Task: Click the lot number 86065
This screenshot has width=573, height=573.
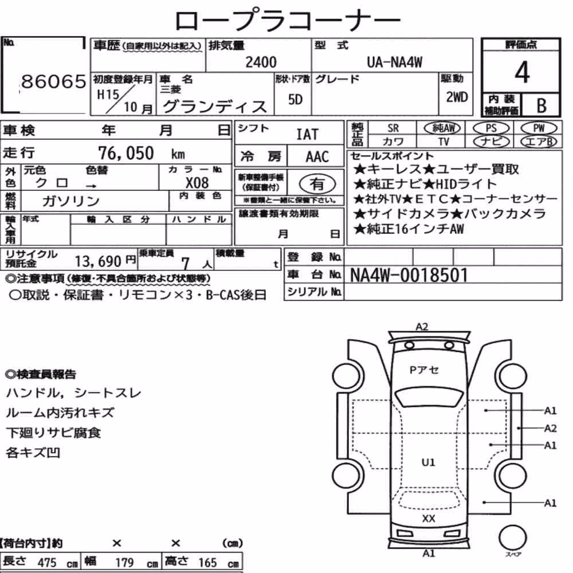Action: [54, 81]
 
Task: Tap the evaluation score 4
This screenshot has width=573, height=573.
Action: [522, 72]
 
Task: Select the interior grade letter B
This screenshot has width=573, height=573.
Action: [541, 105]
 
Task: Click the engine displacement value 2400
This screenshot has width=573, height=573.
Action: [261, 62]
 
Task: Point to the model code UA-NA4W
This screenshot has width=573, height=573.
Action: [394, 62]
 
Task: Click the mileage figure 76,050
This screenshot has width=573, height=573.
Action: [125, 153]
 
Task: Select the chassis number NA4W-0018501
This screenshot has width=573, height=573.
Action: [409, 275]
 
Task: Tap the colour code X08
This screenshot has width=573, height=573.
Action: [197, 183]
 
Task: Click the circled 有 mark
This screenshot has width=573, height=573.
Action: [317, 184]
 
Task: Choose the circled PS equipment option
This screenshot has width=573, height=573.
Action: [491, 128]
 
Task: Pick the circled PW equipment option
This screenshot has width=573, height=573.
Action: [539, 128]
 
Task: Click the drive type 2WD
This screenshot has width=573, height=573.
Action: [457, 97]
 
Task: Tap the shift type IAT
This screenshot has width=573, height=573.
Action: [307, 135]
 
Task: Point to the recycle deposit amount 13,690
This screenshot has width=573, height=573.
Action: [98, 261]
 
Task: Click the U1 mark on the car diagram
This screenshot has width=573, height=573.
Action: [428, 462]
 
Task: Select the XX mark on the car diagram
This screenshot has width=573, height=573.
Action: [428, 519]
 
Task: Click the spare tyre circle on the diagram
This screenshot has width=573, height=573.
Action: [513, 537]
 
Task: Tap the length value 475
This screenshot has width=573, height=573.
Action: [47, 563]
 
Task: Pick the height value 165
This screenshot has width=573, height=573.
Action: [207, 563]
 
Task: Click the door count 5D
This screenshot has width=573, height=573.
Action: [295, 99]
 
